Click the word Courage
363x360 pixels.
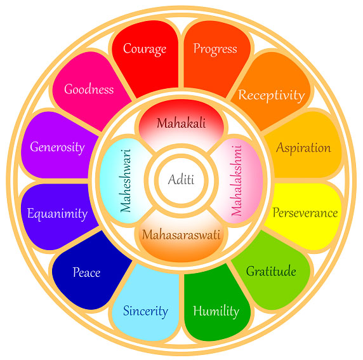click(x=145, y=49)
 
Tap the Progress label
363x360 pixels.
click(x=215, y=49)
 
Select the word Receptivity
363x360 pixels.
click(x=272, y=95)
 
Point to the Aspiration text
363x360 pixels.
click(x=303, y=147)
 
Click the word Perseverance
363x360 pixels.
click(x=305, y=212)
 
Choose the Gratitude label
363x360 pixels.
click(x=271, y=271)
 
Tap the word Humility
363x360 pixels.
click(x=216, y=311)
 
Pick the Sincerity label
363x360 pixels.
click(x=145, y=311)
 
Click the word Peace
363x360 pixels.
click(x=86, y=272)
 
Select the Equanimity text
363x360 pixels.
click(x=57, y=213)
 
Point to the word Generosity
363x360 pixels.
click(x=57, y=147)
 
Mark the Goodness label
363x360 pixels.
click(x=89, y=89)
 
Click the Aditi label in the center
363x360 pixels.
click(x=181, y=180)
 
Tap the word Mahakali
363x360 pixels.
click(x=181, y=123)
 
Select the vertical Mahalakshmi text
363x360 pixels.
click(x=236, y=181)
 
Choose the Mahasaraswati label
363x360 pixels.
click(x=181, y=234)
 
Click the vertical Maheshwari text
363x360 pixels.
click(x=126, y=181)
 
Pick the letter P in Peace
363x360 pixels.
click(x=76, y=272)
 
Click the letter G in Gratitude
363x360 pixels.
click(x=250, y=271)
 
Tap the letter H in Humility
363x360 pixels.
click(x=198, y=310)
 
